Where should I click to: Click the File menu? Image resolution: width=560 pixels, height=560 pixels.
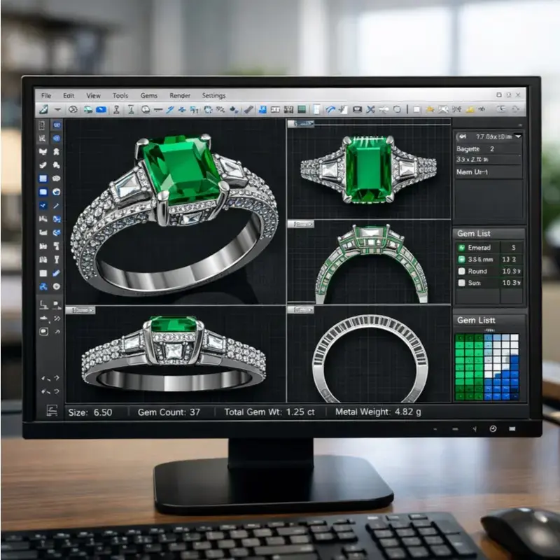pos(46,95)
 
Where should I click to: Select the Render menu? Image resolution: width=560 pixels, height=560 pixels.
pos(180,95)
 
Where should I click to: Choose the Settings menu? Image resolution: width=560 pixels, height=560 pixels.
pos(213,95)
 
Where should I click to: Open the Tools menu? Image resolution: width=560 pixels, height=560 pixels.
pos(120,95)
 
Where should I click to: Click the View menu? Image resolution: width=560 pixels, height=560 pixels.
pos(94,95)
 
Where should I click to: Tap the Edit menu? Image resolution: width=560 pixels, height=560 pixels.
pos(69,95)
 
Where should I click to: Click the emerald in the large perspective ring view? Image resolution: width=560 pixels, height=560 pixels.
pos(182,168)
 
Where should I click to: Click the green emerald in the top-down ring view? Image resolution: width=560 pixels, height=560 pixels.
pos(369,169)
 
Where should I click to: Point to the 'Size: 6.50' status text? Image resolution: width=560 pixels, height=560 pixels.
pos(90,412)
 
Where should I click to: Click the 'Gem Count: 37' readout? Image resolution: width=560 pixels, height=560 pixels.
pos(169,412)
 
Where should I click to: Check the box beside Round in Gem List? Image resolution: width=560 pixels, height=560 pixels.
pos(461,271)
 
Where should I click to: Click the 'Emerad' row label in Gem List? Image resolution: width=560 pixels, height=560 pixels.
pos(479,248)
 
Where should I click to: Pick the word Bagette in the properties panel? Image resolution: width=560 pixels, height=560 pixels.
pos(468,149)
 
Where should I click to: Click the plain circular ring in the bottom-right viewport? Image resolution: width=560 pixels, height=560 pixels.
pos(369,358)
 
